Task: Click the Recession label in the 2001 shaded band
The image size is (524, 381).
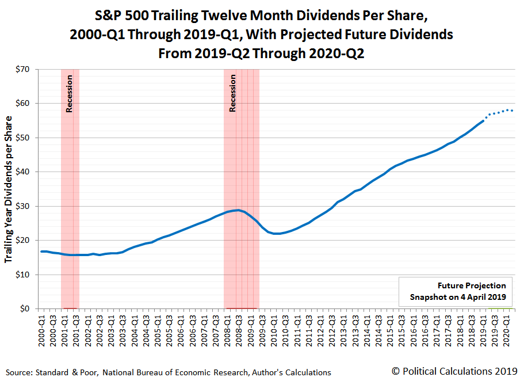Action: (70, 93)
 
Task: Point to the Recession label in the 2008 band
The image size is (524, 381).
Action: (233, 93)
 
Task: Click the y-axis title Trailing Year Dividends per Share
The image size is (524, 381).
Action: (9, 189)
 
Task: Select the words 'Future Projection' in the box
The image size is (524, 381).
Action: (472, 285)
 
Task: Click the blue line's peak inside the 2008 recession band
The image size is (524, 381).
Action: (237, 210)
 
